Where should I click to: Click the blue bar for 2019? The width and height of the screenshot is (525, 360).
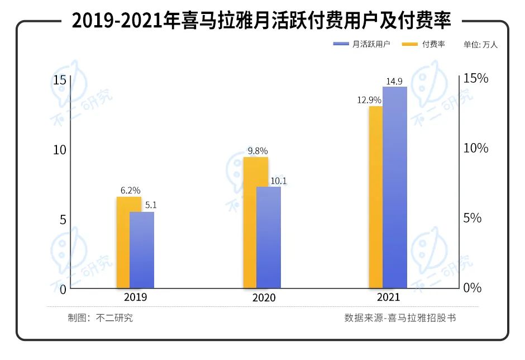pos(142,250)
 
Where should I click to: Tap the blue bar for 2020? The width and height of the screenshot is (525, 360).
pos(269,237)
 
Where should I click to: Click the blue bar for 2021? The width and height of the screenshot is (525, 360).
pos(395,187)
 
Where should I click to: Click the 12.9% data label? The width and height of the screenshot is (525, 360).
pos(369,100)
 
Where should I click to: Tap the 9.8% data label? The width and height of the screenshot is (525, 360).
pos(257,151)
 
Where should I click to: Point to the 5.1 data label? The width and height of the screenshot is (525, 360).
pos(151,205)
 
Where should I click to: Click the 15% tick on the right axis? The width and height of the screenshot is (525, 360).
pos(476,78)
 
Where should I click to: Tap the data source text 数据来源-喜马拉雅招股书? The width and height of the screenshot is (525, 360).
pos(400,318)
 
